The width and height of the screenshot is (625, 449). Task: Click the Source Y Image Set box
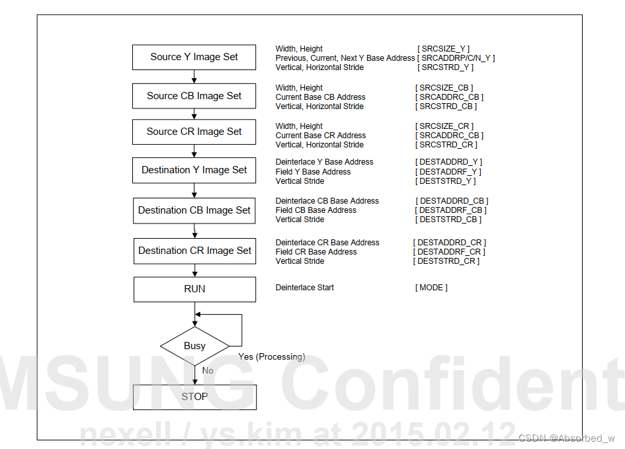pyautogui.click(x=194, y=57)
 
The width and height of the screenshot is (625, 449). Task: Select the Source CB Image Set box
pyautogui.click(x=194, y=96)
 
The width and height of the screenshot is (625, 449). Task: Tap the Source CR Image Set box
pyautogui.click(x=194, y=132)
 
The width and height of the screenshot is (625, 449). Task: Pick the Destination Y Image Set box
pyautogui.click(x=194, y=170)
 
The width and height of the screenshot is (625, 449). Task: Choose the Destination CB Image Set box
pyautogui.click(x=194, y=210)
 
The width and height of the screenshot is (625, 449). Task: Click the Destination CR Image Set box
pyautogui.click(x=194, y=251)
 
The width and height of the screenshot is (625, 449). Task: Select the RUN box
pyautogui.click(x=194, y=289)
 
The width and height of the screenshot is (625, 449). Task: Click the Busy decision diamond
pyautogui.click(x=194, y=346)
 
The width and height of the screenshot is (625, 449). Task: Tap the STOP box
pyautogui.click(x=194, y=397)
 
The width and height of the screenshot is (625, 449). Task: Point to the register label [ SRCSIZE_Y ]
pyautogui.click(x=443, y=49)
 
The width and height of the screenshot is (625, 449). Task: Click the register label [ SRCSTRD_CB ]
pyautogui.click(x=446, y=106)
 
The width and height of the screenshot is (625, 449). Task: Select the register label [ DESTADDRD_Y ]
pyautogui.click(x=448, y=162)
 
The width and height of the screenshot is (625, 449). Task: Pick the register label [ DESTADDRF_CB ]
pyautogui.click(x=450, y=210)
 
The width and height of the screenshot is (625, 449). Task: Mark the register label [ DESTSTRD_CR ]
pyautogui.click(x=446, y=261)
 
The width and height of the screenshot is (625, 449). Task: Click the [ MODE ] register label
pyautogui.click(x=431, y=288)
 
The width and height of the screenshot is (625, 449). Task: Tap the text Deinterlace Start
pyautogui.click(x=304, y=288)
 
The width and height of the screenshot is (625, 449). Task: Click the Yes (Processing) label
pyautogui.click(x=271, y=357)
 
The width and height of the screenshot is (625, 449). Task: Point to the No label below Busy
pyautogui.click(x=208, y=370)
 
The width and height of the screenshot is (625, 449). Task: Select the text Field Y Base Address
pyautogui.click(x=313, y=172)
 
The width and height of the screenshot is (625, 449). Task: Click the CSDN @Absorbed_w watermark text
pyautogui.click(x=567, y=438)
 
